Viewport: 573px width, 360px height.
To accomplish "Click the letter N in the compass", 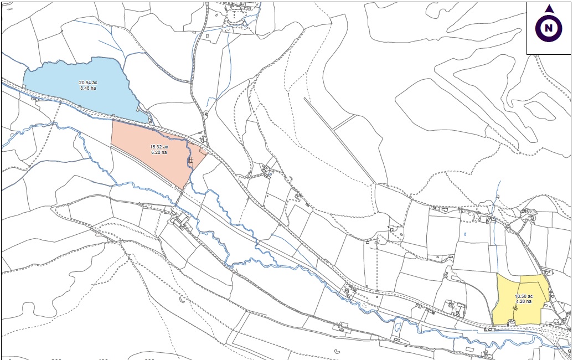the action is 549,28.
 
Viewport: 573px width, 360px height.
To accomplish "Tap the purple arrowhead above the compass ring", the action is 549,9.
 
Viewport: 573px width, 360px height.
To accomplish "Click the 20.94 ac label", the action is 88,83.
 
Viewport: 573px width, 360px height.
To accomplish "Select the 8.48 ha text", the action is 88,88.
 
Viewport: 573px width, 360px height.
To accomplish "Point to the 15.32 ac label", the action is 159,147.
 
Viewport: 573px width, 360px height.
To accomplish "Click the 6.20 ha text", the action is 159,152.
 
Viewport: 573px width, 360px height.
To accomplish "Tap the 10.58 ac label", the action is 523,296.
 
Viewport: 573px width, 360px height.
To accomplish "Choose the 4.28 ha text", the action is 523,302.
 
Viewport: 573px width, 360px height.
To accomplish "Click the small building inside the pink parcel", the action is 190,160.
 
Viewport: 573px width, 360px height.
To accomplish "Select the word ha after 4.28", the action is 529,302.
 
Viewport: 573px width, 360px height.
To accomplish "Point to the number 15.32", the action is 156,147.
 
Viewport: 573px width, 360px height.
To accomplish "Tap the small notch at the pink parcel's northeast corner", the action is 203,150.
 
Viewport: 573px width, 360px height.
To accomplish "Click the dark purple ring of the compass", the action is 539,28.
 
